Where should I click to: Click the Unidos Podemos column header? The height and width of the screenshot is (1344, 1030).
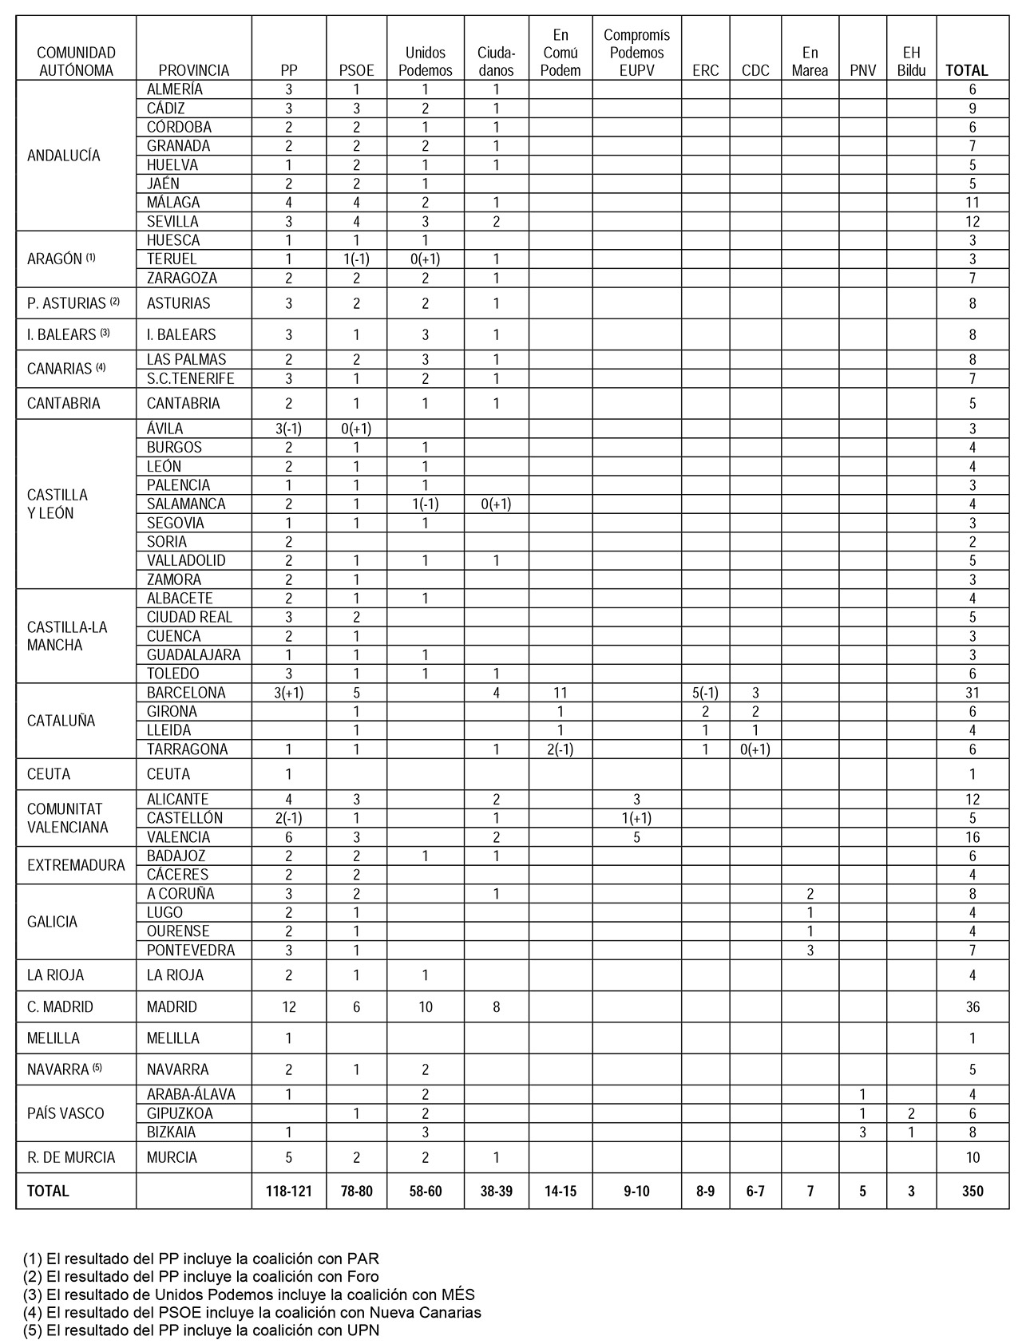[425, 61]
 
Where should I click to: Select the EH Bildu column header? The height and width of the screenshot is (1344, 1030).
[911, 61]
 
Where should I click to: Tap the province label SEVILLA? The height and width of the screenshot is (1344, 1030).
[172, 222]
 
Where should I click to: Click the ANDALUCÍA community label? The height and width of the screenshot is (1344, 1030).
[64, 156]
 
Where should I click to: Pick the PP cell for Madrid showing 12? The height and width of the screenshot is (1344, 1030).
[289, 1007]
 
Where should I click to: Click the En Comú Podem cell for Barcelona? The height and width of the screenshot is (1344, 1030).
[561, 693]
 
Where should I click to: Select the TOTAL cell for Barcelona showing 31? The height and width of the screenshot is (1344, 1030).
[972, 693]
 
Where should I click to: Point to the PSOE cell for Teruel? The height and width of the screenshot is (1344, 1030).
[356, 259]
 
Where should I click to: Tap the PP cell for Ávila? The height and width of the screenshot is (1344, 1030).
[289, 429]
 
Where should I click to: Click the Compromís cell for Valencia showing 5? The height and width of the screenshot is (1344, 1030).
[636, 837]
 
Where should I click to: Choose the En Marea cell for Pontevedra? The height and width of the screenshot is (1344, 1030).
[810, 951]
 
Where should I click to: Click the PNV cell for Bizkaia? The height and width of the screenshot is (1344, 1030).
[862, 1133]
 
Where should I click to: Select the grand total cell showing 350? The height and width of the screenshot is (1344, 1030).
[972, 1191]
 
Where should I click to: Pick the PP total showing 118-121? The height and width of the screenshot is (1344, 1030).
[289, 1191]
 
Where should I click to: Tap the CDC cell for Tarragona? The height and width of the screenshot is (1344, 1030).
[755, 749]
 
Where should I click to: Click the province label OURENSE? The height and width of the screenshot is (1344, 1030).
[178, 931]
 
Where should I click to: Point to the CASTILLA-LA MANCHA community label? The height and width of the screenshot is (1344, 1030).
[67, 636]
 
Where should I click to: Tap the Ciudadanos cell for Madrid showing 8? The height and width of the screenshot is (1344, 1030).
[496, 1007]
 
